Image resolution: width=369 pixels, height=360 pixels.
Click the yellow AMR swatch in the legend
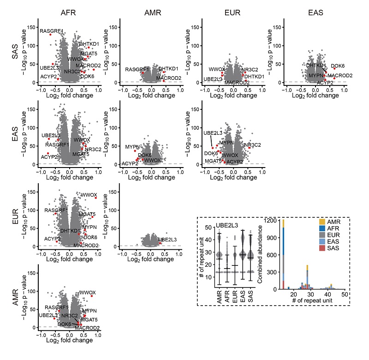coord(321,226)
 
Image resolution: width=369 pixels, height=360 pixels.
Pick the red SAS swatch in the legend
coord(321,257)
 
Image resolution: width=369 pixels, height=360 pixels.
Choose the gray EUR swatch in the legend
coord(321,241)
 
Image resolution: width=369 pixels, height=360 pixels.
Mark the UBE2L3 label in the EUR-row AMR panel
coord(167,240)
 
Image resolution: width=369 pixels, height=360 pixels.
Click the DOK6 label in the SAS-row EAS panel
coord(338,66)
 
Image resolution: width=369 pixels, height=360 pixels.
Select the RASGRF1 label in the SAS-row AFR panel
coord(51,31)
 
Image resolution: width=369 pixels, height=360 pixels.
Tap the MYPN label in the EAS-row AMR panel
coord(131,147)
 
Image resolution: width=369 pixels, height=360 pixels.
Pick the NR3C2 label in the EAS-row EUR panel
coord(252,145)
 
